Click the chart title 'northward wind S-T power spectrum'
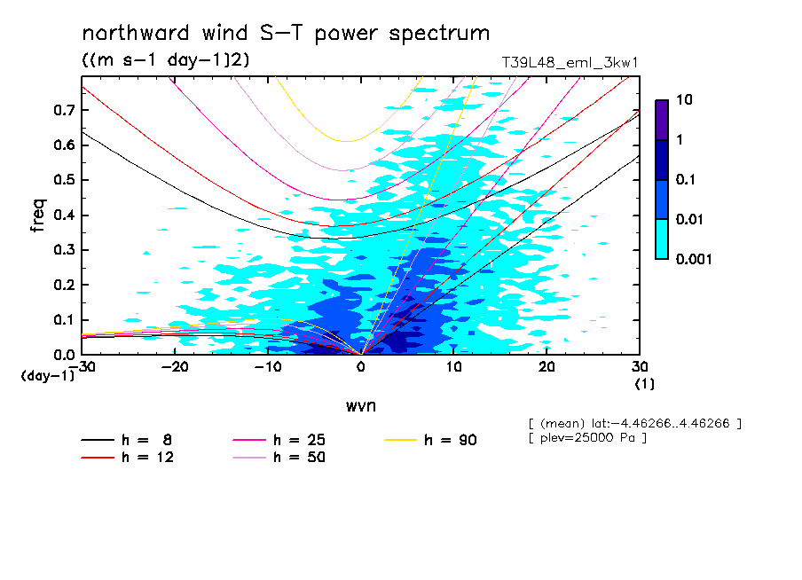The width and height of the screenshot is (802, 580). [x=286, y=34]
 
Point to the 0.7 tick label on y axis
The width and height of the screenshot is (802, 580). [x=63, y=110]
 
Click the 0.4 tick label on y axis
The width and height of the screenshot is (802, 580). [x=63, y=216]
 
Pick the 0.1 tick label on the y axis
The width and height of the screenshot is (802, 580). [x=63, y=320]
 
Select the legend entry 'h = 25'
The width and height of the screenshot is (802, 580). [x=299, y=440]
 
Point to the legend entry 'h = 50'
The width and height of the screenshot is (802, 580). [x=299, y=458]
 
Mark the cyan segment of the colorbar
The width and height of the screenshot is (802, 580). [x=662, y=239]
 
